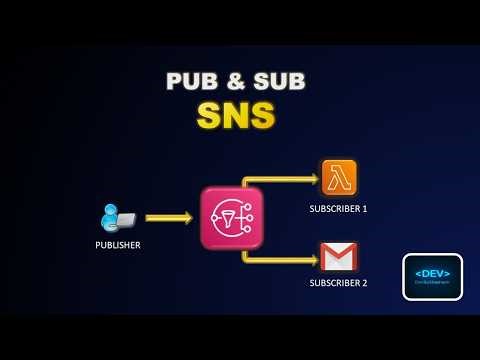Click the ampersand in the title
pos(236,82)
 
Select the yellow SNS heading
pos(236,116)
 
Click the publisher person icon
pos(111,215)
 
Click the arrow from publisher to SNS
pos(168,217)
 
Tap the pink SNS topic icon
pos(232,217)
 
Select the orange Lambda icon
pos(339,177)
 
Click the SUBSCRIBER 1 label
pos(338,208)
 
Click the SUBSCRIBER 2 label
pos(338,283)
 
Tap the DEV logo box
pos(432,277)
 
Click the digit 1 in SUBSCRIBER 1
pos(365,208)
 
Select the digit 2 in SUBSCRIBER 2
pos(365,283)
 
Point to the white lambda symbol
pos(339,177)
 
